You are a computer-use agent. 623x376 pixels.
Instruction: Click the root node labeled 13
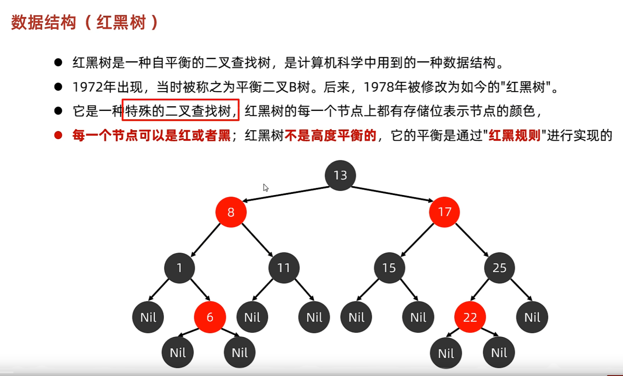point(340,175)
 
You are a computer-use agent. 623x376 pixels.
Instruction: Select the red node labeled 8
point(231,212)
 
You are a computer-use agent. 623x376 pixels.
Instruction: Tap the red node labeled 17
point(444,212)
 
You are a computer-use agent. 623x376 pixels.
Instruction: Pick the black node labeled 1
point(180,268)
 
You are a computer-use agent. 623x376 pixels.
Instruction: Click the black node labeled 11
point(284,268)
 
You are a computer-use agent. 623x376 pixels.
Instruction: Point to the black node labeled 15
point(389,268)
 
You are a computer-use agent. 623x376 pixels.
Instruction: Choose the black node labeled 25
point(499,268)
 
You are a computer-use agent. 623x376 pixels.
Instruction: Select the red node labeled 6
point(210,317)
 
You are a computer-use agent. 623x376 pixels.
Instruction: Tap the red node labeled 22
point(470,317)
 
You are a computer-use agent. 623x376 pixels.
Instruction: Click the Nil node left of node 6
point(148,317)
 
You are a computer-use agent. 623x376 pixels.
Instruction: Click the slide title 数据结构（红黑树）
point(85,22)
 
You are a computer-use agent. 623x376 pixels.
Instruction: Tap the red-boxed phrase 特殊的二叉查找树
point(180,110)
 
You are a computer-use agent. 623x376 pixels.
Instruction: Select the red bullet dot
point(58,135)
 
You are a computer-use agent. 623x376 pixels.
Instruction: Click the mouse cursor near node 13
point(265,187)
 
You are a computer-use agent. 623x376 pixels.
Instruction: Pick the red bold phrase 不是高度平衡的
point(330,135)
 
